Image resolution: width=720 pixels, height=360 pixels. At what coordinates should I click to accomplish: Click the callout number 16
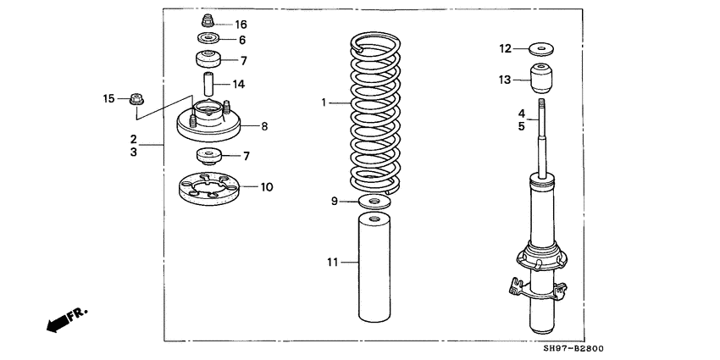[241, 24]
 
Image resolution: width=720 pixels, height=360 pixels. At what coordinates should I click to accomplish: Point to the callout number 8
[264, 126]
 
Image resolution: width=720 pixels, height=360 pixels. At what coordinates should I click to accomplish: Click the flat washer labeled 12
[541, 47]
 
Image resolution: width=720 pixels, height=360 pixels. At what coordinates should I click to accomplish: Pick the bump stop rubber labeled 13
[542, 80]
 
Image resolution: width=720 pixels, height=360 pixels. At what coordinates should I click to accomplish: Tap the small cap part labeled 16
[204, 20]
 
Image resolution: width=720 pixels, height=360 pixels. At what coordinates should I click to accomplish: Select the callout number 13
[505, 80]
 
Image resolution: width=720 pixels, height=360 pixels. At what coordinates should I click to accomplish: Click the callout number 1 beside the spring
[324, 103]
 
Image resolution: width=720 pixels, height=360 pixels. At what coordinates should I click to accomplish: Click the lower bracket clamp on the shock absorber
[536, 288]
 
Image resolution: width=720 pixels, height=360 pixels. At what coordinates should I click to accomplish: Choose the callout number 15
[108, 99]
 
